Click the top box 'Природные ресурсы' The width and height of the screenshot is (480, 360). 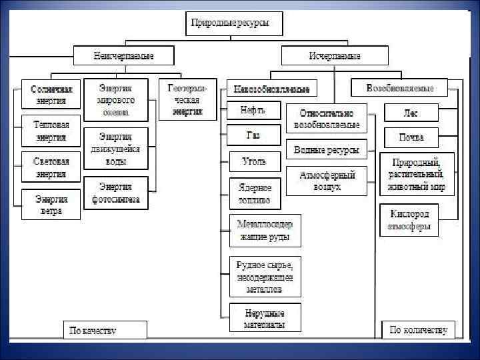click(235, 25)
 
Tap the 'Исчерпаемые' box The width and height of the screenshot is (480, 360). click(335, 55)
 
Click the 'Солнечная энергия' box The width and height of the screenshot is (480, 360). click(51, 95)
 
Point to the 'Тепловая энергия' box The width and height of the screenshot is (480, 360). click(51, 131)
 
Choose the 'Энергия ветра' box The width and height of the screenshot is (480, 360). click(51, 204)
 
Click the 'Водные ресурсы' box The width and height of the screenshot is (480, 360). click(326, 149)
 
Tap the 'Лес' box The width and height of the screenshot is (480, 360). click(411, 112)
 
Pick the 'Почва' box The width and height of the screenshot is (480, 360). click(411, 137)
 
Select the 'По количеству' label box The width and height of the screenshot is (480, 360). click(419, 329)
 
